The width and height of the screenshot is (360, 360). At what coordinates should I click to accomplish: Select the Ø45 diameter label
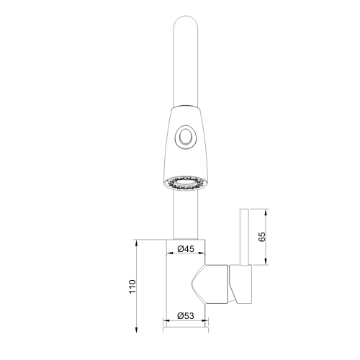coord(186,249)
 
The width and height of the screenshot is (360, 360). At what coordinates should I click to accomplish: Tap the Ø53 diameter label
coord(186,315)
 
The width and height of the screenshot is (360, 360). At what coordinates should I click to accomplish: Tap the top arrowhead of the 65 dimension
coord(267,212)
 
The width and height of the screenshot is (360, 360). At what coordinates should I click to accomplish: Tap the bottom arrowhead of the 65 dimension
coord(267,262)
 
